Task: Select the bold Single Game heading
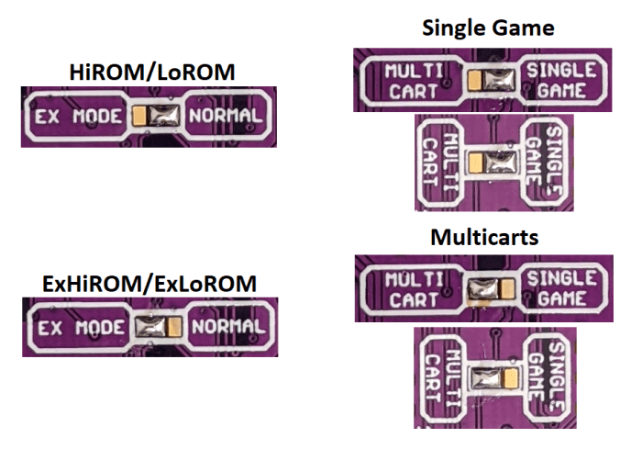[x=488, y=28]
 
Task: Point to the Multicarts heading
[x=485, y=237]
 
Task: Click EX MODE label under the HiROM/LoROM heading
[x=77, y=117]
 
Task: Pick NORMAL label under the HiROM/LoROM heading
[x=226, y=117]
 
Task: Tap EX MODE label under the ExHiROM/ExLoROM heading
[x=80, y=327]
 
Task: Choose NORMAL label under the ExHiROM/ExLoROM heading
[x=228, y=326]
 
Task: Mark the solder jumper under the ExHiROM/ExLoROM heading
[x=160, y=326]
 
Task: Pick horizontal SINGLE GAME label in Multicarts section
[x=563, y=288]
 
